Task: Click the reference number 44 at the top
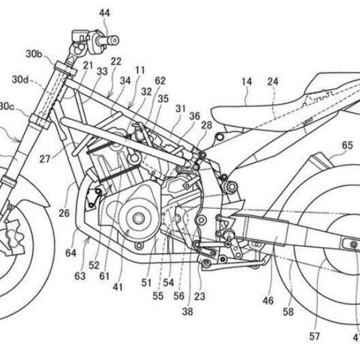coord(104,13)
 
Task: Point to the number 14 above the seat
coord(246,82)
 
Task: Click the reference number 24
coord(273,82)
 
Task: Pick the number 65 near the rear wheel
coord(347,145)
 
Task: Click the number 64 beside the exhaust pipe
coord(71,253)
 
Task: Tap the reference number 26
coord(64,213)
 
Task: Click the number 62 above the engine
coord(160,81)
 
